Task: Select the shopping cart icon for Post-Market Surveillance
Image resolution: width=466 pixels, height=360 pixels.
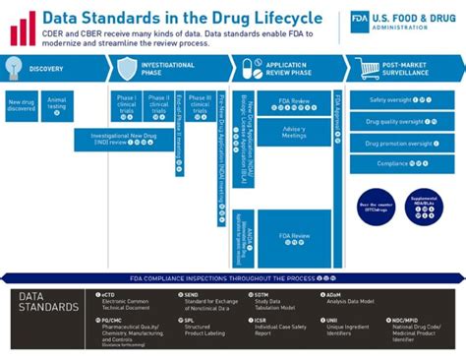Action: (369, 68)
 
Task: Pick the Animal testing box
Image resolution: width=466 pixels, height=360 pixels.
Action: (57, 104)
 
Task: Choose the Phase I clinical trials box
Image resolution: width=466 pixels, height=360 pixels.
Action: (125, 104)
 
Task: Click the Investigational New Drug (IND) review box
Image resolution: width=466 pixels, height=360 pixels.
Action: (123, 140)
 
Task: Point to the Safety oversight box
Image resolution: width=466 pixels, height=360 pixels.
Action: (401, 100)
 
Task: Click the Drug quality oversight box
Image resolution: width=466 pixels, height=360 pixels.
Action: (401, 122)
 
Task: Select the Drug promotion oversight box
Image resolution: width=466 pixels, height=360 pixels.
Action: (401, 144)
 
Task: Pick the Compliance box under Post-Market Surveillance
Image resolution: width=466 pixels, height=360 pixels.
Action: (401, 164)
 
